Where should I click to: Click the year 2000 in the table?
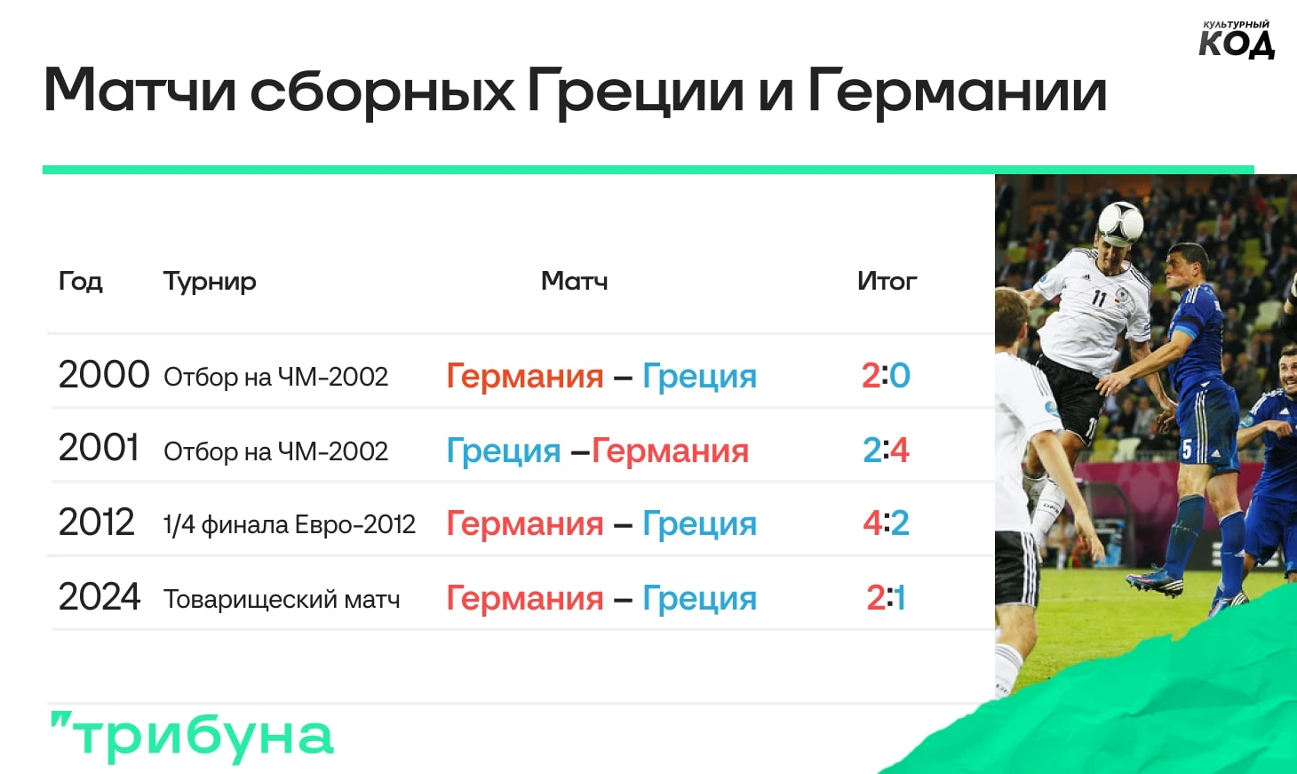(104, 375)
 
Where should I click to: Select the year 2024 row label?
(99, 597)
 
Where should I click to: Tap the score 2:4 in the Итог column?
(886, 450)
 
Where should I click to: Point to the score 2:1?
(886, 597)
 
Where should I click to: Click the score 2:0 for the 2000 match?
(886, 375)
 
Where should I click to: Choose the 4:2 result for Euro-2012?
(886, 523)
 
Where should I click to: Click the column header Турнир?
(210, 283)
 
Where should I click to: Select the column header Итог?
(887, 281)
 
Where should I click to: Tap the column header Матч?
(575, 281)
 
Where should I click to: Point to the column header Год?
(81, 282)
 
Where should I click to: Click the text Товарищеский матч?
(282, 599)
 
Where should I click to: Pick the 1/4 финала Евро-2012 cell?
(290, 525)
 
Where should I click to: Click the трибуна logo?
(192, 737)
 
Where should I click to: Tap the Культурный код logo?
(1237, 39)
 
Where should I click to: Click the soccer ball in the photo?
(1120, 223)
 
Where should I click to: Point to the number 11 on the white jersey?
(1098, 298)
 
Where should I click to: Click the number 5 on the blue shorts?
(1187, 451)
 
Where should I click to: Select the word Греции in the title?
(636, 91)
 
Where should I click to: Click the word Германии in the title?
(958, 91)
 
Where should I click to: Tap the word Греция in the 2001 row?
(504, 451)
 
